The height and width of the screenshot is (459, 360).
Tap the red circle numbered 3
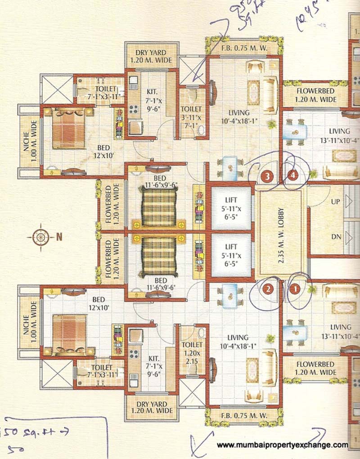pyautogui.click(x=268, y=177)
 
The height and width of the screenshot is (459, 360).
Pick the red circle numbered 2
pyautogui.click(x=268, y=290)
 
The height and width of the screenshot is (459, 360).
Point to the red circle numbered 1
pyautogui.click(x=295, y=290)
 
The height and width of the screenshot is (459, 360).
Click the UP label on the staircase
pyautogui.click(x=335, y=202)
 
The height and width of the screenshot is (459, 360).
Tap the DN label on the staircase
pyautogui.click(x=335, y=237)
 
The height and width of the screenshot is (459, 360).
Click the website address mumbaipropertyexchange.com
pyautogui.click(x=283, y=445)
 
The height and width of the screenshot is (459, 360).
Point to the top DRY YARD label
pyautogui.click(x=148, y=56)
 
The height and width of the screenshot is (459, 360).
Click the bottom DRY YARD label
pyautogui.click(x=148, y=407)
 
